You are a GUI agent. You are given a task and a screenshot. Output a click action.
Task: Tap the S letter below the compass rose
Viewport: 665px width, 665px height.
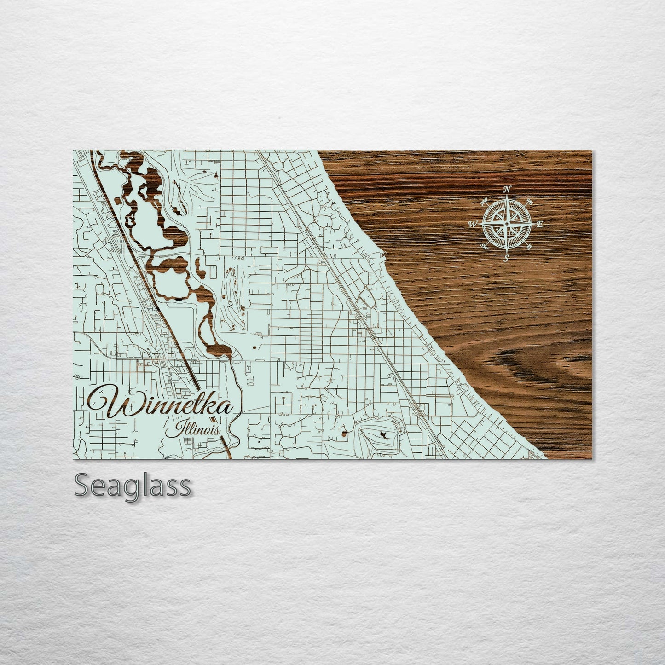(x=506, y=259)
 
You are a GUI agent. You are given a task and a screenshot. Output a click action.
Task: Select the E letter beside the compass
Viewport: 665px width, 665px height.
(x=540, y=224)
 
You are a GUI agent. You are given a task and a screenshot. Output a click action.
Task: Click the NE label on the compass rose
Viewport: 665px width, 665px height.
(x=529, y=202)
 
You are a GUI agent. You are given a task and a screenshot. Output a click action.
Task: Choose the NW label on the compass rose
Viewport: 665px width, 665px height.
(x=484, y=201)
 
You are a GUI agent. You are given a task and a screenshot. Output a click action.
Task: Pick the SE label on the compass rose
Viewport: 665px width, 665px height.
(x=528, y=247)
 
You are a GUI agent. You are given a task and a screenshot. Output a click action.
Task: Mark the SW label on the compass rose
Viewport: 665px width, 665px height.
(x=484, y=247)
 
